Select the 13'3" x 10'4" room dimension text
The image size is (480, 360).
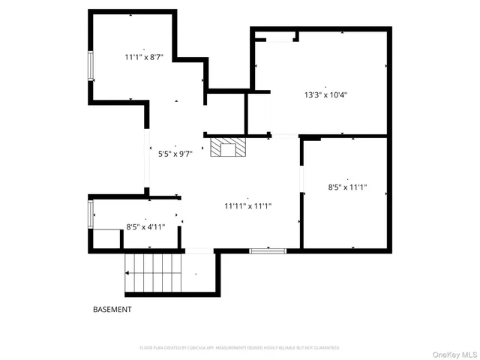(x=325, y=95)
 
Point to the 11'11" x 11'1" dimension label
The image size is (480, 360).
(x=248, y=205)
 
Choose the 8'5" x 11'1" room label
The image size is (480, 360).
(x=347, y=187)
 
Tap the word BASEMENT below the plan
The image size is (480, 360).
(x=112, y=309)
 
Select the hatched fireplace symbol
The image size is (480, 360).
(x=227, y=147)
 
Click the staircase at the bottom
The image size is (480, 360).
(x=153, y=274)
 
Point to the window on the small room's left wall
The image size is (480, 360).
(x=91, y=214)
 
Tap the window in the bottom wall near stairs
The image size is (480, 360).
(x=268, y=250)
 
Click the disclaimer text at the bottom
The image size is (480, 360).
(x=240, y=348)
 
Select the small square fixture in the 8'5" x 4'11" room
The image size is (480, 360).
(x=106, y=238)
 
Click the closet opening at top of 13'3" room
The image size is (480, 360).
(x=276, y=37)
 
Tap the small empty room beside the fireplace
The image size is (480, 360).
(x=226, y=112)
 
